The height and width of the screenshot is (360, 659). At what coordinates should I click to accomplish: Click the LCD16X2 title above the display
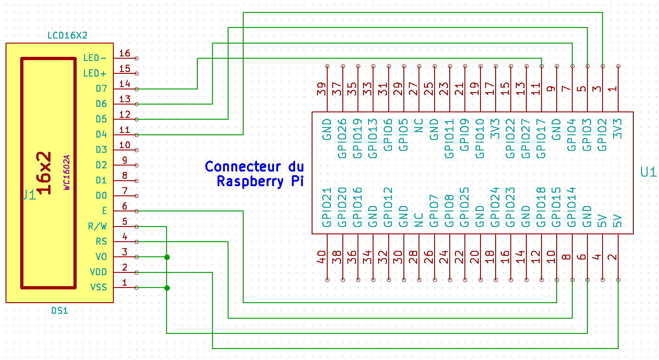(67, 35)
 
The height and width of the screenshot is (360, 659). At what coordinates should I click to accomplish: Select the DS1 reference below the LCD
(60, 310)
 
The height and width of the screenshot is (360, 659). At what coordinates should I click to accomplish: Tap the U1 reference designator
(648, 172)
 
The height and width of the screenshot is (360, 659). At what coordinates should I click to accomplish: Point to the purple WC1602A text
(67, 172)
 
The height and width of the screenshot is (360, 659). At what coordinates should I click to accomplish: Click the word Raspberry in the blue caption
(251, 181)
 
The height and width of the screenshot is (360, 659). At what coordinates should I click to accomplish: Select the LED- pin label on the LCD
(95, 58)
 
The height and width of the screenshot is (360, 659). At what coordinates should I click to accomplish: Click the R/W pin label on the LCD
(97, 226)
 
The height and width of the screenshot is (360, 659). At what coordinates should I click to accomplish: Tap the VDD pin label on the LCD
(99, 272)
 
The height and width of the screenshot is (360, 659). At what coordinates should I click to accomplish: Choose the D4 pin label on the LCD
(101, 134)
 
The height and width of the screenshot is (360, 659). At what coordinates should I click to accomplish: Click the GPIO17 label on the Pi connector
(542, 138)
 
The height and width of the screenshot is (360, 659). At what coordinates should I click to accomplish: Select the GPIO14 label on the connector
(572, 208)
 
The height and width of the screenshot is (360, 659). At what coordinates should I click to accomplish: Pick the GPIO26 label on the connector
(342, 138)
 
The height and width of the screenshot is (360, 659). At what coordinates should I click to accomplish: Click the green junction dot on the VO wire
(167, 257)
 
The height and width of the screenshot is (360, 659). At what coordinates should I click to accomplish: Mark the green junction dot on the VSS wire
(167, 288)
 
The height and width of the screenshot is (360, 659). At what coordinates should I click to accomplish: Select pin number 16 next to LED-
(125, 53)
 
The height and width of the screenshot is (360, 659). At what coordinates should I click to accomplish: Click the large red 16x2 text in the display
(45, 173)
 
